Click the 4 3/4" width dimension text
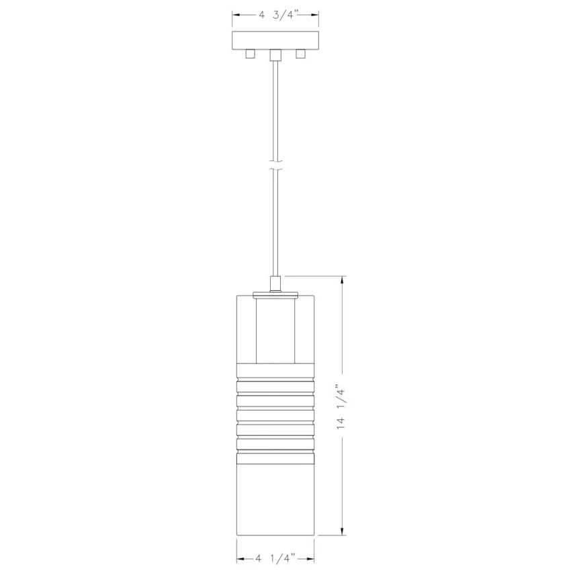[279, 15]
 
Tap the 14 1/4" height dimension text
[341, 406]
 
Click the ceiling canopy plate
[275, 40]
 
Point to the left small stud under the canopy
[250, 54]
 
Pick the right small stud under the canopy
[300, 54]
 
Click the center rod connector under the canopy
[275, 55]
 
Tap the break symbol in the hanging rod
[275, 165]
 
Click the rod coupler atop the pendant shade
[275, 284]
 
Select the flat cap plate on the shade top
[275, 296]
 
